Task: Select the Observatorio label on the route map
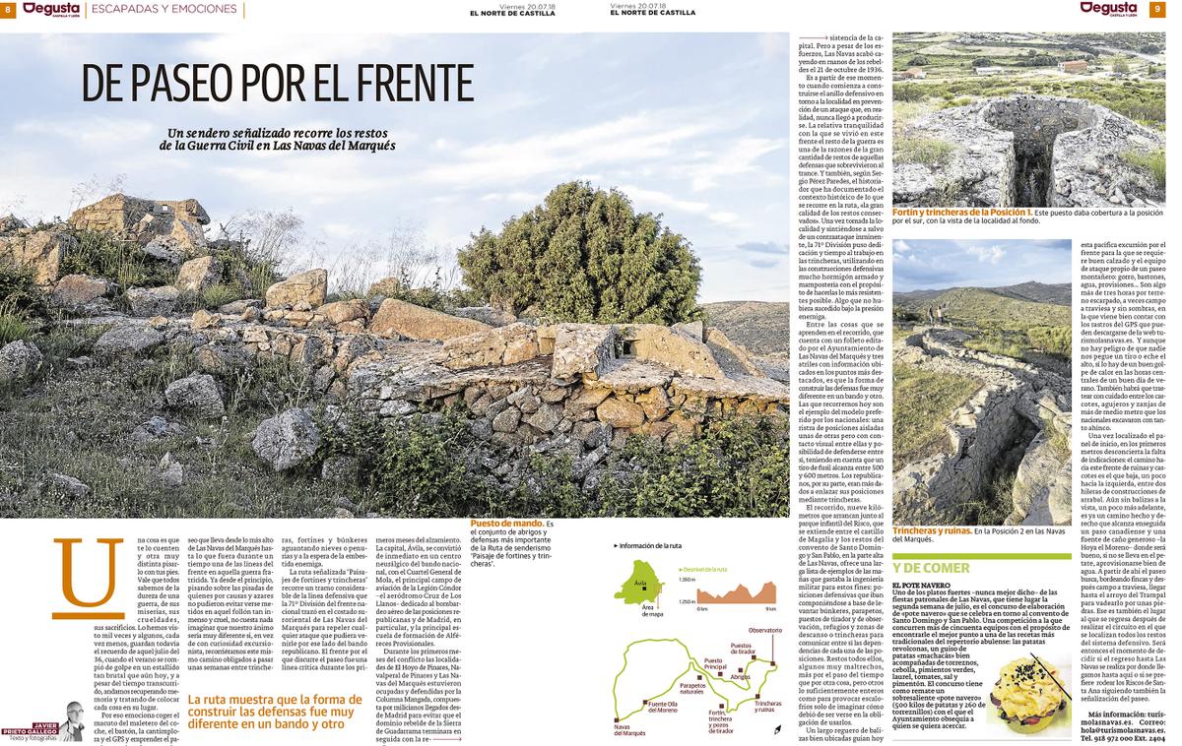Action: [x=764, y=629]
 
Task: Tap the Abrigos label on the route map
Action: [x=741, y=676]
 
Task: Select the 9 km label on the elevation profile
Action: [x=770, y=609]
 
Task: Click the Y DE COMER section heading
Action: [x=932, y=568]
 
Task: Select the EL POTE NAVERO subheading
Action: [x=921, y=586]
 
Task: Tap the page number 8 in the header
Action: [x=8, y=10]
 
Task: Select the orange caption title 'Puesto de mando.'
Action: [x=506, y=524]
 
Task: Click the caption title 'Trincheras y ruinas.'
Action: [x=931, y=530]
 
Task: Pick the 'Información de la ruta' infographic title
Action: [x=648, y=544]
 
